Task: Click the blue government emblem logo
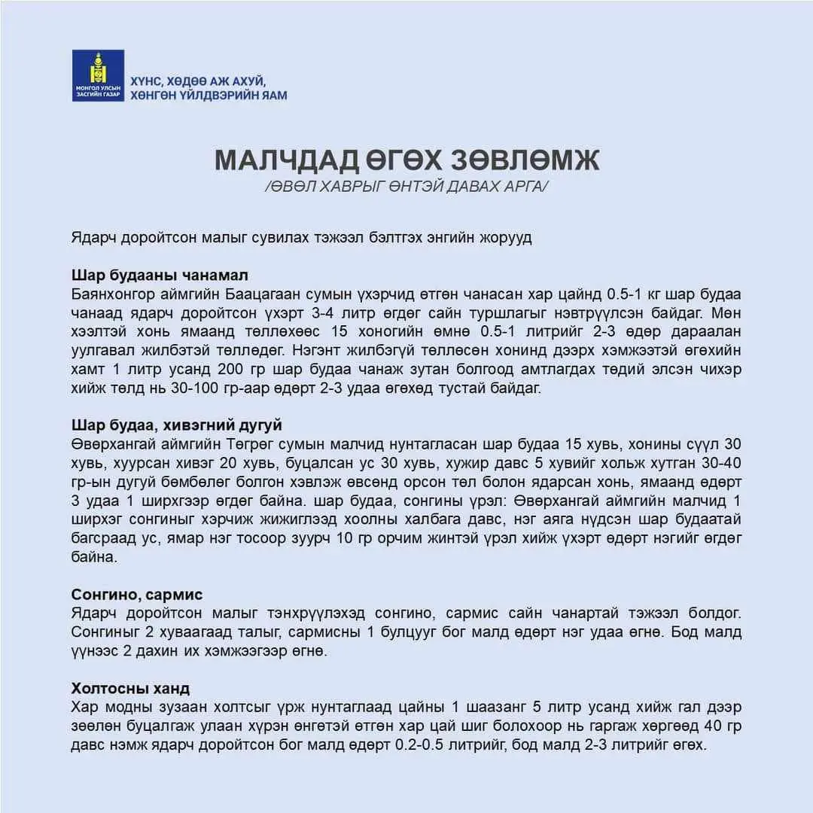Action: (x=98, y=75)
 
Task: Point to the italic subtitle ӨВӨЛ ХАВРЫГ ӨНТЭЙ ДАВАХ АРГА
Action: (x=406, y=186)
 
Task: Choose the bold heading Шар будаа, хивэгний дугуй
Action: (x=177, y=425)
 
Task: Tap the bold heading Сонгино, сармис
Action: (x=137, y=595)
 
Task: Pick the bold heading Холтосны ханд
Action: (x=130, y=689)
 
